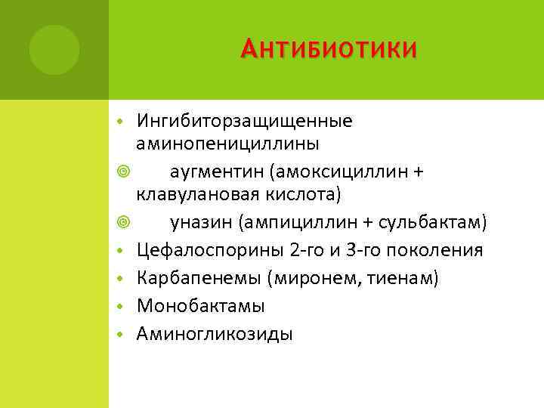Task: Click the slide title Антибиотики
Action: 328,50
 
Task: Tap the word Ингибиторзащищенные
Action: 244,121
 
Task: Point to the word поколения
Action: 437,250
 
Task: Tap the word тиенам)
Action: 404,278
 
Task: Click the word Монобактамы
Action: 200,306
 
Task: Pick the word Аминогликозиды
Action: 214,334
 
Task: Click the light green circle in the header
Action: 54,50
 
